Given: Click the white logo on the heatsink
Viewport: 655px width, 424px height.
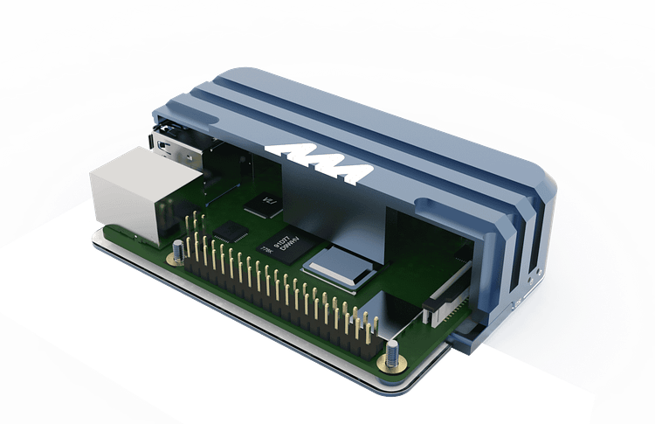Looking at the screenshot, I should (320, 161).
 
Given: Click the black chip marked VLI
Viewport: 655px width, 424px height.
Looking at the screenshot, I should (263, 206).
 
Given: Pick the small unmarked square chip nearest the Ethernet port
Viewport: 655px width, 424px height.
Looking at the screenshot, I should (232, 231).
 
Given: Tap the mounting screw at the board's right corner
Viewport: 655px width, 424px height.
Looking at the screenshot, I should (390, 355).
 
